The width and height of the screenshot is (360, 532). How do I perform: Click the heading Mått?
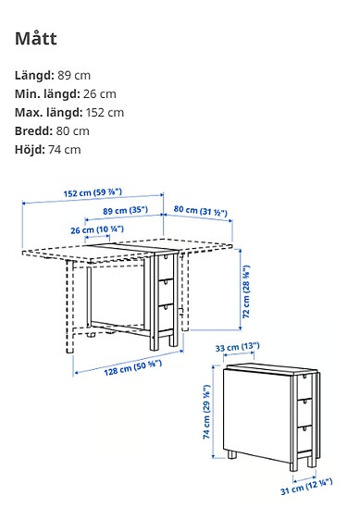pyautogui.click(x=37, y=39)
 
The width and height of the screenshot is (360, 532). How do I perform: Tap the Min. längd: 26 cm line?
pyautogui.click(x=66, y=93)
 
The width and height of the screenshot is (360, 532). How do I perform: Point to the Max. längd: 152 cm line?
pyautogui.click(x=70, y=112)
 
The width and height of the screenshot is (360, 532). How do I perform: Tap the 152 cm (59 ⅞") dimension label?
pyautogui.click(x=93, y=193)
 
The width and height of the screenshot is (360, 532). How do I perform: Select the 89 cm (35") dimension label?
pyautogui.click(x=125, y=211)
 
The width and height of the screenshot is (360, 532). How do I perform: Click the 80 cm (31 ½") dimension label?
pyautogui.click(x=202, y=211)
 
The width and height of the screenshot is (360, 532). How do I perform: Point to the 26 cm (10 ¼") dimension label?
pyautogui.click(x=97, y=229)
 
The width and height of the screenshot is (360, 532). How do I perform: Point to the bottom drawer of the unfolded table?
pyautogui.click(x=164, y=314)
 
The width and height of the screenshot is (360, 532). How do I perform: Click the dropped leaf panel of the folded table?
pyautogui.click(x=260, y=412)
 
